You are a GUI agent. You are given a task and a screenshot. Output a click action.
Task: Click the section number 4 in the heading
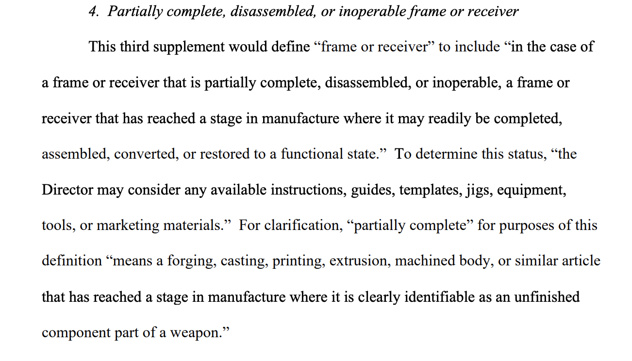94,12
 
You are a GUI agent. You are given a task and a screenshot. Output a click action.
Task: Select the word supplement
189,47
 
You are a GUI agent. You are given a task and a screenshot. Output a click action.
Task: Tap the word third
134,46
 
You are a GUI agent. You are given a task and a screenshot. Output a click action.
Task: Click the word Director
67,190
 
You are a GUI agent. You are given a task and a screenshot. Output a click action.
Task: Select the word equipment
531,190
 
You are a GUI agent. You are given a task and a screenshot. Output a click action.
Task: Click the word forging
190,262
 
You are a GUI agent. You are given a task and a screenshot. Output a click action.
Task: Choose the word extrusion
360,261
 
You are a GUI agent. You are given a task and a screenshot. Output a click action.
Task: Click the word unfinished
547,296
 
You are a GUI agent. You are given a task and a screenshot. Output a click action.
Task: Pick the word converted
147,154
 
